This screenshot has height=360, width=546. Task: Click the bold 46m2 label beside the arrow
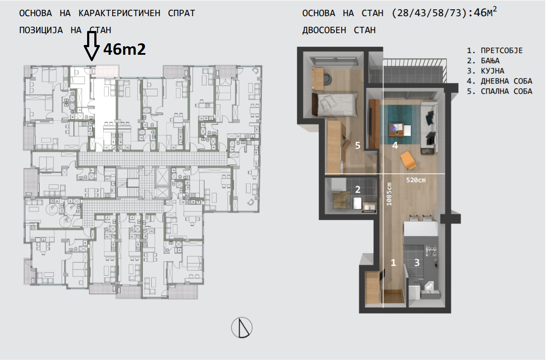coord(124,49)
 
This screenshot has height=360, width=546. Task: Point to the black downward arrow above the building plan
coord(92,46)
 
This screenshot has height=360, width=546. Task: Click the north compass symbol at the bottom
coord(242,327)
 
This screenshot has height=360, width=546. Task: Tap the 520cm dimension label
coord(416,180)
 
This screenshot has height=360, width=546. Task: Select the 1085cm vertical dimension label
coord(389,194)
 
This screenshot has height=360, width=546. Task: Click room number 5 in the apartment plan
coord(358,146)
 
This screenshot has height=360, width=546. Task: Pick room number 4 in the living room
coord(395,146)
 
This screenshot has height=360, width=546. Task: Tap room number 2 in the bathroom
coord(358,189)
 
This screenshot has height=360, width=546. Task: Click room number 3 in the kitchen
coord(417,262)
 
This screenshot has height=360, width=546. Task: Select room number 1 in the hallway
coord(393,262)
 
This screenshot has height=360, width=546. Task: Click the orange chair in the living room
coord(408,160)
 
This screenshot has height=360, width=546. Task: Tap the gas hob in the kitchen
coord(431,250)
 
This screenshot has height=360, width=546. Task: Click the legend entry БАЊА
coord(490,61)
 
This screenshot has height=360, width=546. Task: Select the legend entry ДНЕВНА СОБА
coord(506,81)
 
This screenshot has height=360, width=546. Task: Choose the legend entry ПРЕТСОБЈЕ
coord(502,51)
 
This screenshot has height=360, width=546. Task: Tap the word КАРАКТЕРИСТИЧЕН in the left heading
coord(119,13)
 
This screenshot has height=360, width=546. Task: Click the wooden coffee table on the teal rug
coord(397,129)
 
